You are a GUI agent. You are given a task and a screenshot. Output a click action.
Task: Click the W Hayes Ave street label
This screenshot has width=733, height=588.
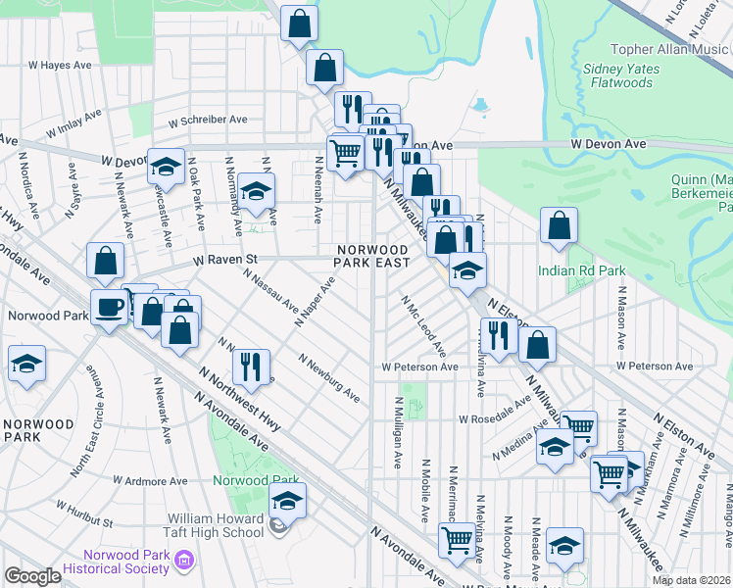pos(60,65)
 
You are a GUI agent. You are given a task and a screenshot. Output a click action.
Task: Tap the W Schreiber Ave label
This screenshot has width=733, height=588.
pos(209,121)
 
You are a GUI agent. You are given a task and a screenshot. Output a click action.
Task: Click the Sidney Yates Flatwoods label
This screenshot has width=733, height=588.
pos(617,75)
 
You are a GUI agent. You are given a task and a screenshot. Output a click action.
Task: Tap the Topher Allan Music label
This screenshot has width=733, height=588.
pos(671,49)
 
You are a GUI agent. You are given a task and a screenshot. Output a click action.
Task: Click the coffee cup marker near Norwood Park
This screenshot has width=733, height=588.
pos(110,308)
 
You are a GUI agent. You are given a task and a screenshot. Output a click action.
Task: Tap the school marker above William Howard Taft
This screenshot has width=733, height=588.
pos(287,501)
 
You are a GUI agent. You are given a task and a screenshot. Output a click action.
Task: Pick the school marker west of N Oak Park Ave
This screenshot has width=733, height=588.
pos(167,166)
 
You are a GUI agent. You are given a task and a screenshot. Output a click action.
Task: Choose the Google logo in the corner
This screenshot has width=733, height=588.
pos(31,576)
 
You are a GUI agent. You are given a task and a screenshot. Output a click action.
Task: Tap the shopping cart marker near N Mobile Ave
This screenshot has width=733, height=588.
pos(457,540)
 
